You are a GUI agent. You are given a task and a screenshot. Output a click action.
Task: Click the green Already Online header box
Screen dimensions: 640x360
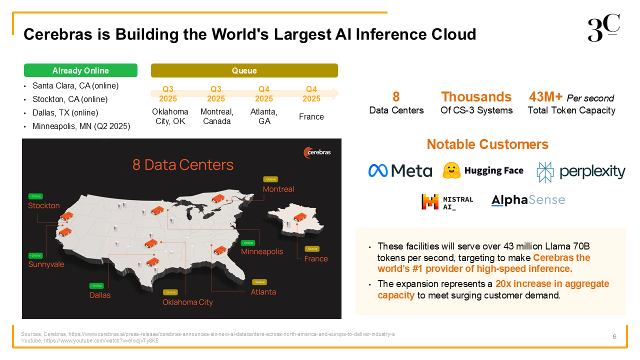[80, 70]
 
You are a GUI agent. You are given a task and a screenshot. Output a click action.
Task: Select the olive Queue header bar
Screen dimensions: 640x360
[244, 70]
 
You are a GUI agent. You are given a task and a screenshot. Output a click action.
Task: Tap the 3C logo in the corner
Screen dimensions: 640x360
[603, 27]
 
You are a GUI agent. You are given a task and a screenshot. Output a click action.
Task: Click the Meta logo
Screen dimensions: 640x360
[400, 170]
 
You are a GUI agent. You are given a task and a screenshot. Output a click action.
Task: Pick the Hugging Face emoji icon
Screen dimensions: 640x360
[451, 170]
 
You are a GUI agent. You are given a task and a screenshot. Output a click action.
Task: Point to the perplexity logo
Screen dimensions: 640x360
[581, 172]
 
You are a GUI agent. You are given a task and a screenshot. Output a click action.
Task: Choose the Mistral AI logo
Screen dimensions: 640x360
[447, 202]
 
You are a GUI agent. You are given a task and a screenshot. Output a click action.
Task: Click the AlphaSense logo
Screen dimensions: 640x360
[528, 200]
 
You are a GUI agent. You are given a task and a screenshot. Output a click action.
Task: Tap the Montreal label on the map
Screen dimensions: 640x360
[278, 189]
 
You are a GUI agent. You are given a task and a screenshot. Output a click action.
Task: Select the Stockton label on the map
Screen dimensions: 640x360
[43, 205]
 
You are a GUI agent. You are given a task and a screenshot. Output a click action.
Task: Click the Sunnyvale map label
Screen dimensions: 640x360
[46, 264]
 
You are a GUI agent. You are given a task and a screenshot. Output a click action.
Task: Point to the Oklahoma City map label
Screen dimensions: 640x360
[187, 302]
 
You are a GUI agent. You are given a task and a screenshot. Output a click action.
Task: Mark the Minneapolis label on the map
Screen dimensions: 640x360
[262, 251]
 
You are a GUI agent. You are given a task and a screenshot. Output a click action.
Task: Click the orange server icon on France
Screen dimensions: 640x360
[300, 217]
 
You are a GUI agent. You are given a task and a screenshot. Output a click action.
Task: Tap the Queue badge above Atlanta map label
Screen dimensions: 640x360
[259, 282]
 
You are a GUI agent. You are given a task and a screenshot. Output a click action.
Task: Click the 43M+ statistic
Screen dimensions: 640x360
[545, 97]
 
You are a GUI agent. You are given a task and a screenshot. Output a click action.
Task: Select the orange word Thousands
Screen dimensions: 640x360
[476, 97]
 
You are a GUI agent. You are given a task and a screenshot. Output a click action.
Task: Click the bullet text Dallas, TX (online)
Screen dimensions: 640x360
[65, 112]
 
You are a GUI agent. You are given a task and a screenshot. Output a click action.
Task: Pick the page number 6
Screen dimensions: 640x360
[614, 337]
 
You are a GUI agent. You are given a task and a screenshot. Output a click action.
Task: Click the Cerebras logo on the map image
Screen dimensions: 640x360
[317, 152]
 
